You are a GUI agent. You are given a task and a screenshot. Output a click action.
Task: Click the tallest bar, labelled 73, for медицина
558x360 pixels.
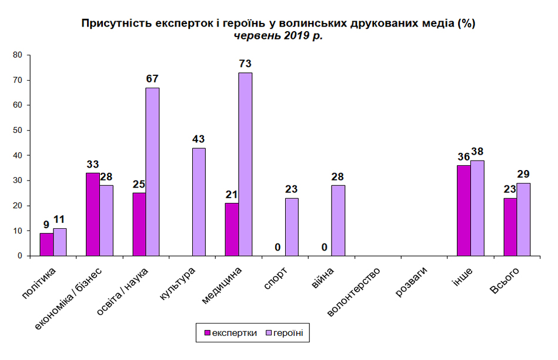[x=245, y=164]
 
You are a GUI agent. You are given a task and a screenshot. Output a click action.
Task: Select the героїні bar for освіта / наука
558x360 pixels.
[x=152, y=172]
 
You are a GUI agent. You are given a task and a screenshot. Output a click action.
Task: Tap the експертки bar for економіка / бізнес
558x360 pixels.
[x=93, y=214]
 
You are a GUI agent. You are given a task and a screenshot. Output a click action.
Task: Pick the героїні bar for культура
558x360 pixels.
[x=199, y=202]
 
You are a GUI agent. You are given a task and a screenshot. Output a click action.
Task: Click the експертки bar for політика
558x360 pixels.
[x=46, y=244]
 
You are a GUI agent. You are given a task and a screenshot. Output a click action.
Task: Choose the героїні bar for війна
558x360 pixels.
[x=338, y=221]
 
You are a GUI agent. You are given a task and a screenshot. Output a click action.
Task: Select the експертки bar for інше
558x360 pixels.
[x=464, y=211]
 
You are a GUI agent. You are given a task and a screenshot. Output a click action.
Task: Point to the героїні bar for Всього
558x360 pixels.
[x=523, y=219]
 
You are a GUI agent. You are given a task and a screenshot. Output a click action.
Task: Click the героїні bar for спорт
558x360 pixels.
[x=292, y=227]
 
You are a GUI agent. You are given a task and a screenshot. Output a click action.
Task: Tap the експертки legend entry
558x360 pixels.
[x=230, y=333]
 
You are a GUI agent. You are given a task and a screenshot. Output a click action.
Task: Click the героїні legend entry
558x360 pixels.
[x=285, y=333]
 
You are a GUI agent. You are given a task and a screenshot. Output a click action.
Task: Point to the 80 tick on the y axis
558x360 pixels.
[x=18, y=55]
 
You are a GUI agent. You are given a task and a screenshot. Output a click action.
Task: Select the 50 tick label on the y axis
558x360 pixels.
[x=18, y=131]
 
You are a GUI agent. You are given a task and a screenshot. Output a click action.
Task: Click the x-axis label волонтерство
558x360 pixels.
[x=353, y=292]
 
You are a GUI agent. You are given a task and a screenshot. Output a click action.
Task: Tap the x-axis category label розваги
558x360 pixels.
[x=411, y=282]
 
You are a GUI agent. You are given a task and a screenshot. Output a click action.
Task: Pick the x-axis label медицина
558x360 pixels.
[x=221, y=286]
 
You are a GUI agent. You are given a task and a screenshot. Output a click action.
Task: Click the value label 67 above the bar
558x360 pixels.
[x=152, y=79]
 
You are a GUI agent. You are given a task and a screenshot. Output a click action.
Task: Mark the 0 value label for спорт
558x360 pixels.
[x=278, y=247]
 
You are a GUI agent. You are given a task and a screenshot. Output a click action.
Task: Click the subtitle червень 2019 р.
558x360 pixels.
[x=278, y=36]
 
